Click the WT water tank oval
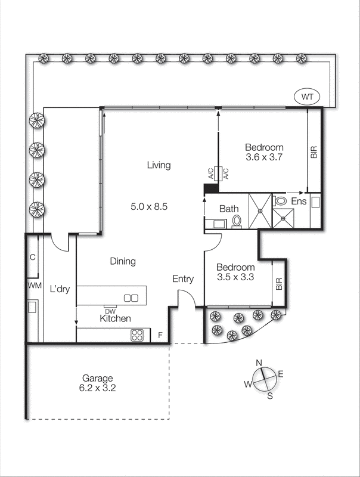308,96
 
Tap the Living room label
159,165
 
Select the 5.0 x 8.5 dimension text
150,207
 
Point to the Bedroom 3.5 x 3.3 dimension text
235,278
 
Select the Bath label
229,209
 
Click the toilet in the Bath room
237,221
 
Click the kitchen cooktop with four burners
138,335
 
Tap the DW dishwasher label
110,311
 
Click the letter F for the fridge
160,336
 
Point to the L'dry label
60,289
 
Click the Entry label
182,279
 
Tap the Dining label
122,261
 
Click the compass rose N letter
259,363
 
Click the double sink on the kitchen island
131,298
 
